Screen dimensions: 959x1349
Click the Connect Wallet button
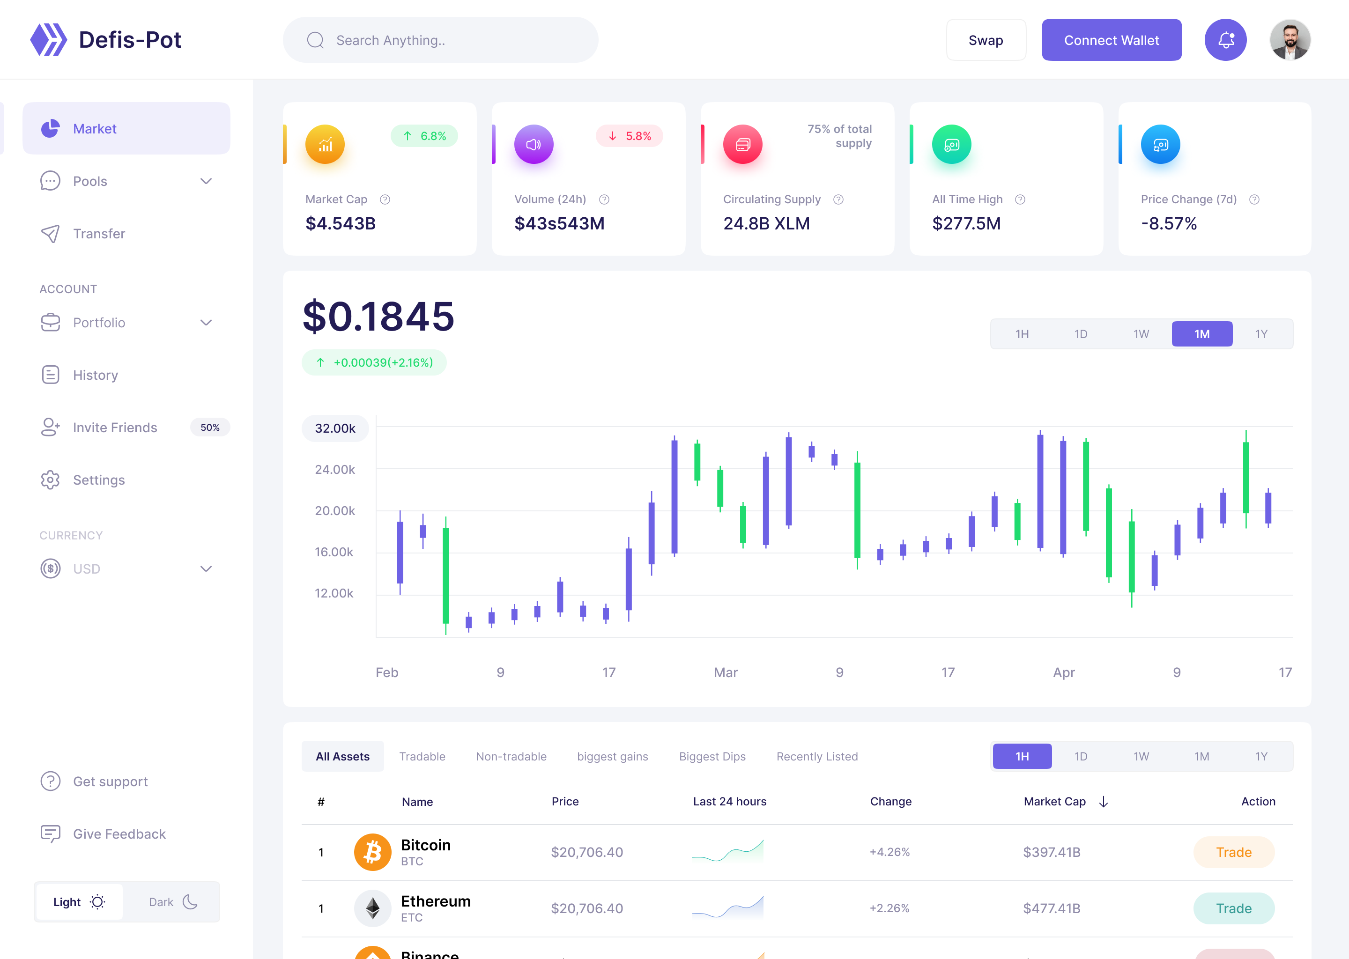[x=1111, y=40]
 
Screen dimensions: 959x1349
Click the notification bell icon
[x=1225, y=40]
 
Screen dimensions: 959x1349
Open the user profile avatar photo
[x=1290, y=40]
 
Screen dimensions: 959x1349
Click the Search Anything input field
[x=440, y=40]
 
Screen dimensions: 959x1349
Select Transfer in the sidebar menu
[x=99, y=234]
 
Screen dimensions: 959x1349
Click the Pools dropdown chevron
[x=206, y=181]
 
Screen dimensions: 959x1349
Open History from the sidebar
[x=95, y=375]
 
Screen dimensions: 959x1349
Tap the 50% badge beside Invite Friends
[x=210, y=428]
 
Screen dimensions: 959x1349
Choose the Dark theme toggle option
[x=172, y=902]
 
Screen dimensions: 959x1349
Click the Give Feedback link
[x=119, y=834]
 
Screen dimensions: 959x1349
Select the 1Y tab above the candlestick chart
[x=1261, y=334]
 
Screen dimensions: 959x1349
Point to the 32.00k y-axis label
[x=335, y=428]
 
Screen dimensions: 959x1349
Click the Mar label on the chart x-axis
[x=725, y=672]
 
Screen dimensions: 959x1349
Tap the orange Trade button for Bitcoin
[x=1233, y=852]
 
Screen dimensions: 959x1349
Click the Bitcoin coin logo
[x=372, y=852]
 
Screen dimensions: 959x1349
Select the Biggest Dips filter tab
[x=712, y=756]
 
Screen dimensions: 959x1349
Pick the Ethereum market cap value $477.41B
[x=1051, y=908]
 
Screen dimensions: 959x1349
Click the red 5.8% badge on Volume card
[x=630, y=136]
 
